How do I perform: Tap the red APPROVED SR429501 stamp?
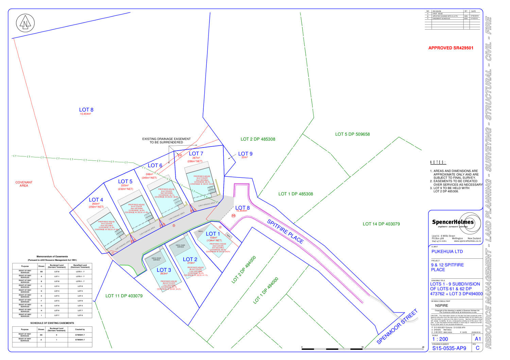(x=451, y=48)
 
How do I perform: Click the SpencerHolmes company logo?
(x=456, y=223)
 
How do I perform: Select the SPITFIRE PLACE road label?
(x=285, y=231)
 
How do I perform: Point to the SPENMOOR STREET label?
(x=397, y=327)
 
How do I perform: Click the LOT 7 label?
(x=196, y=154)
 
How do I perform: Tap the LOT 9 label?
(x=245, y=154)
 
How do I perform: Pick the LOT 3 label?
(x=164, y=270)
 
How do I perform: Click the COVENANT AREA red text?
(x=24, y=184)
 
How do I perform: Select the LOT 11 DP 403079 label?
(x=124, y=296)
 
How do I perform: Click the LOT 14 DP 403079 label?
(x=381, y=224)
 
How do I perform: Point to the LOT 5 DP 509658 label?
(x=352, y=134)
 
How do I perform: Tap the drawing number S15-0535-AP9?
(x=449, y=348)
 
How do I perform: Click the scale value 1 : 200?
(x=440, y=339)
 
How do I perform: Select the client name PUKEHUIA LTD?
(x=447, y=252)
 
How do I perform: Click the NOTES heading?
(x=438, y=162)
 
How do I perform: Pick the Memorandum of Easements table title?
(x=52, y=257)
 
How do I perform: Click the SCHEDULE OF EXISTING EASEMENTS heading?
(x=52, y=323)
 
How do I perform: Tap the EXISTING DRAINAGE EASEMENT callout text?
(x=166, y=140)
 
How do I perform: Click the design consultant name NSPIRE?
(x=442, y=305)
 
